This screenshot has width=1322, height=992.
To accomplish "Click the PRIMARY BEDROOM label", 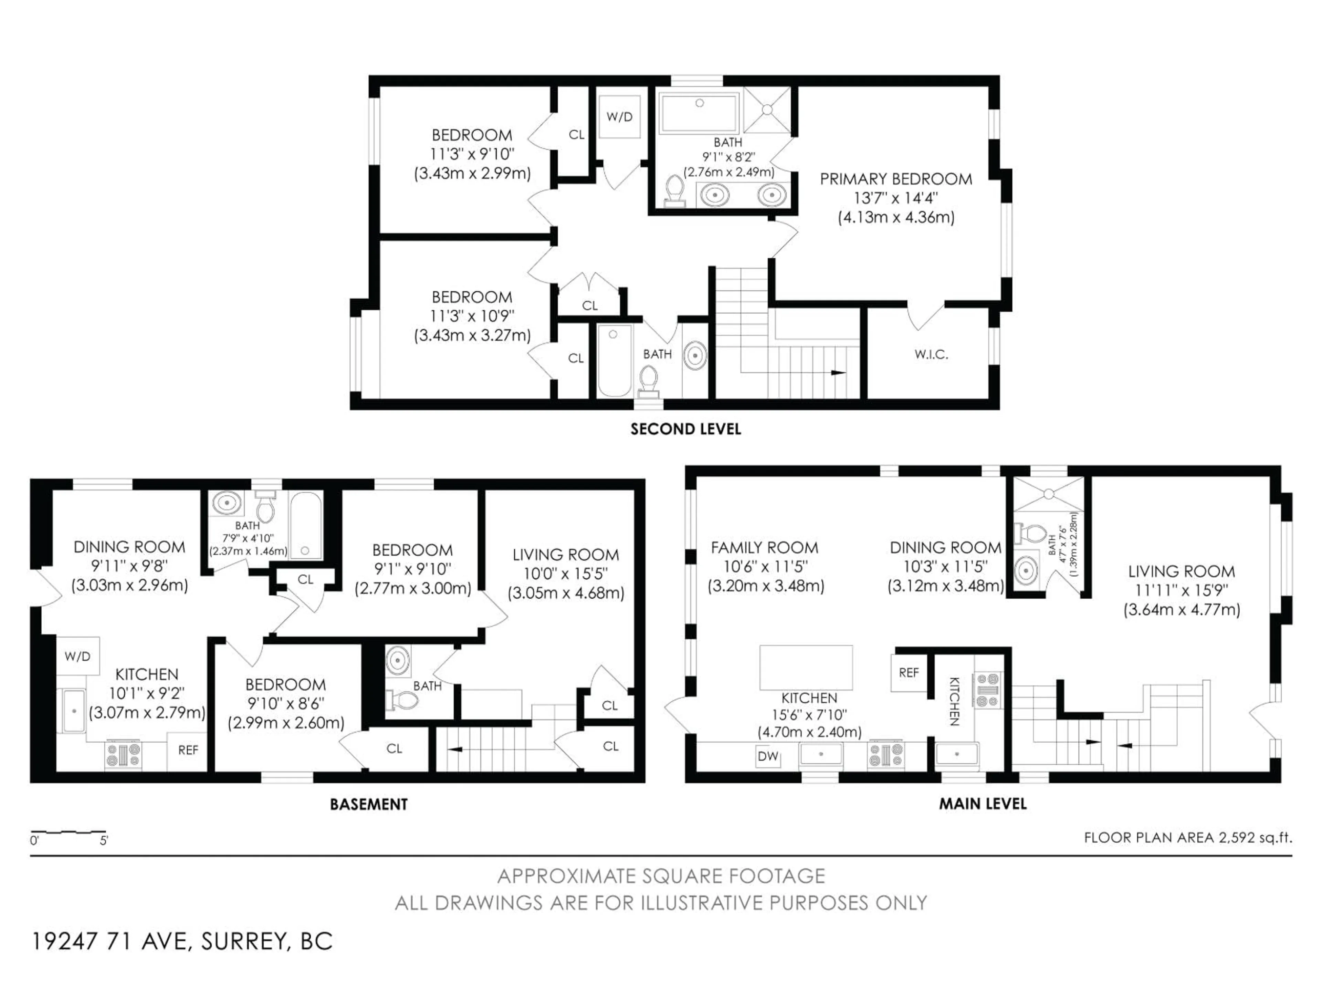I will click(895, 179).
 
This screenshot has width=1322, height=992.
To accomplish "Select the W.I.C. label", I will click(931, 354).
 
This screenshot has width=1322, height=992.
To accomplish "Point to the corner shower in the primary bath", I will click(767, 110).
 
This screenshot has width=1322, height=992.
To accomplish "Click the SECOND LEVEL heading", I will click(685, 429).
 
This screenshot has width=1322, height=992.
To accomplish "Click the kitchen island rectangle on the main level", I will click(806, 667).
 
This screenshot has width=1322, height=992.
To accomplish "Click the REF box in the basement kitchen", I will click(188, 750).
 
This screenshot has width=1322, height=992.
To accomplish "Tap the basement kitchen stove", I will click(124, 755).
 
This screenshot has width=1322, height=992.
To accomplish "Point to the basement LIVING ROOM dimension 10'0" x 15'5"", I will click(565, 573).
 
